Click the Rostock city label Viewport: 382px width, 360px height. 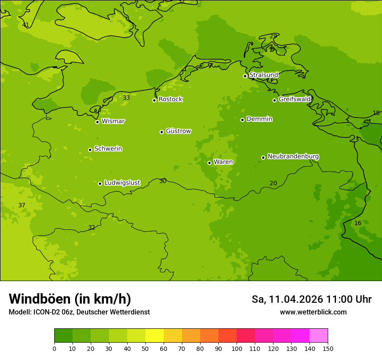(x=170, y=99)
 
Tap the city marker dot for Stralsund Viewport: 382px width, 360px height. (x=245, y=76)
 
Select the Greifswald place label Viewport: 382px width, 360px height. (x=294, y=99)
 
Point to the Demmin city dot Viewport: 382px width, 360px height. (x=242, y=120)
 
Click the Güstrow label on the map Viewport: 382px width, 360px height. (x=178, y=131)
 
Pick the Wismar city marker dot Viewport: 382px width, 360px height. (x=97, y=122)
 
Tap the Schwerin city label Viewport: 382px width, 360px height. (x=108, y=149)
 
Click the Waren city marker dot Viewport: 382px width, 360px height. (x=209, y=163)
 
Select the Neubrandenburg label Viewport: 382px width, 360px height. (x=293, y=156)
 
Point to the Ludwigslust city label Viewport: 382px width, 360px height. (x=122, y=183)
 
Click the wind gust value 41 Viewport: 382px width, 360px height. (x=26, y=25)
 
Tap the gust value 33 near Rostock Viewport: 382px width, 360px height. (x=126, y=98)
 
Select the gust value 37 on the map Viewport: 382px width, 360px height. (x=22, y=205)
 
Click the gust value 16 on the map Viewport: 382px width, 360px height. (x=358, y=223)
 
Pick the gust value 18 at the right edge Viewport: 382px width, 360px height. (x=376, y=113)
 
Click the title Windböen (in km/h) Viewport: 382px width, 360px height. (x=70, y=299)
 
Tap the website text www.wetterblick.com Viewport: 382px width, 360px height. (x=313, y=312)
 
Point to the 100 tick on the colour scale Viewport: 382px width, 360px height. (x=237, y=348)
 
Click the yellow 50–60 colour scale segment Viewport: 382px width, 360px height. (x=155, y=336)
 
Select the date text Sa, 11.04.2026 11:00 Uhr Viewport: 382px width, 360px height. (x=311, y=299)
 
